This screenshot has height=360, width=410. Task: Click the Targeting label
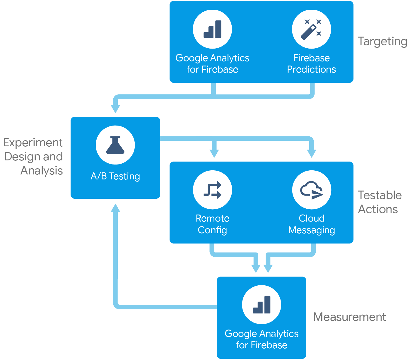(x=382, y=42)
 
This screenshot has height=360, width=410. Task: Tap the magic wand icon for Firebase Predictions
(x=311, y=29)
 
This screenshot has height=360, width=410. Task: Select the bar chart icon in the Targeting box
(x=212, y=29)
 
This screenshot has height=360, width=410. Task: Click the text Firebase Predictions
(x=311, y=64)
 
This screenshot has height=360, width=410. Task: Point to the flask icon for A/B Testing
(x=115, y=145)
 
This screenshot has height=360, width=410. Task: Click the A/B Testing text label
(x=115, y=176)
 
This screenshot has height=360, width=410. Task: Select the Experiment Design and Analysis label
(x=33, y=157)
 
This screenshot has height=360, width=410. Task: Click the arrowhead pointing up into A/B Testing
(x=115, y=208)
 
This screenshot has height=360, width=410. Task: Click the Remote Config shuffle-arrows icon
(x=212, y=190)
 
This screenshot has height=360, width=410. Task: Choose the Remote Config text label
(x=212, y=224)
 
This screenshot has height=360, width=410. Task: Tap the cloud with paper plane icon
(x=312, y=190)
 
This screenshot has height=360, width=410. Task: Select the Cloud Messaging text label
(x=312, y=224)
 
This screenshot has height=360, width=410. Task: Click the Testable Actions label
(x=380, y=202)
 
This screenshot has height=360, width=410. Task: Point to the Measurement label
(x=349, y=317)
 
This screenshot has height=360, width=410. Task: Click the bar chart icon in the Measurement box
(x=262, y=305)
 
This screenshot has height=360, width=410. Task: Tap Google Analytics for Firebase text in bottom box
(x=262, y=339)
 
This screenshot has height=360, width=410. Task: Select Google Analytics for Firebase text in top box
(x=212, y=64)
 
